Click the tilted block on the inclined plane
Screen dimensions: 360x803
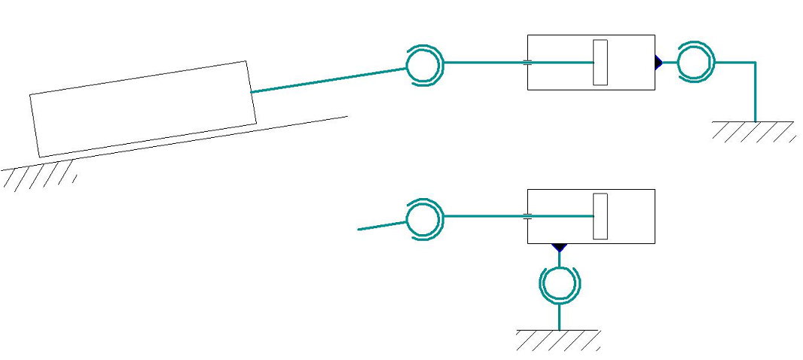click(x=143, y=109)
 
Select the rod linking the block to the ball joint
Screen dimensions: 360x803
click(x=328, y=81)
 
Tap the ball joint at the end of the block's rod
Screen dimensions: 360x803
click(x=426, y=66)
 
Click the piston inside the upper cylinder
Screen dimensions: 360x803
click(x=600, y=62)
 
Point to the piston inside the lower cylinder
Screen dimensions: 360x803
click(x=600, y=216)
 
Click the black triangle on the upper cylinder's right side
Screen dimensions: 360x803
click(x=658, y=63)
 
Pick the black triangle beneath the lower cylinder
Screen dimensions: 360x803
click(x=559, y=247)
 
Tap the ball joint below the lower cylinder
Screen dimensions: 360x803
click(x=560, y=284)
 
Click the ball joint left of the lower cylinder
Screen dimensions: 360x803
click(x=425, y=219)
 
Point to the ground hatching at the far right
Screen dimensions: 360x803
click(x=753, y=131)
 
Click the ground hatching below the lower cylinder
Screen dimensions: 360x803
click(x=558, y=340)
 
